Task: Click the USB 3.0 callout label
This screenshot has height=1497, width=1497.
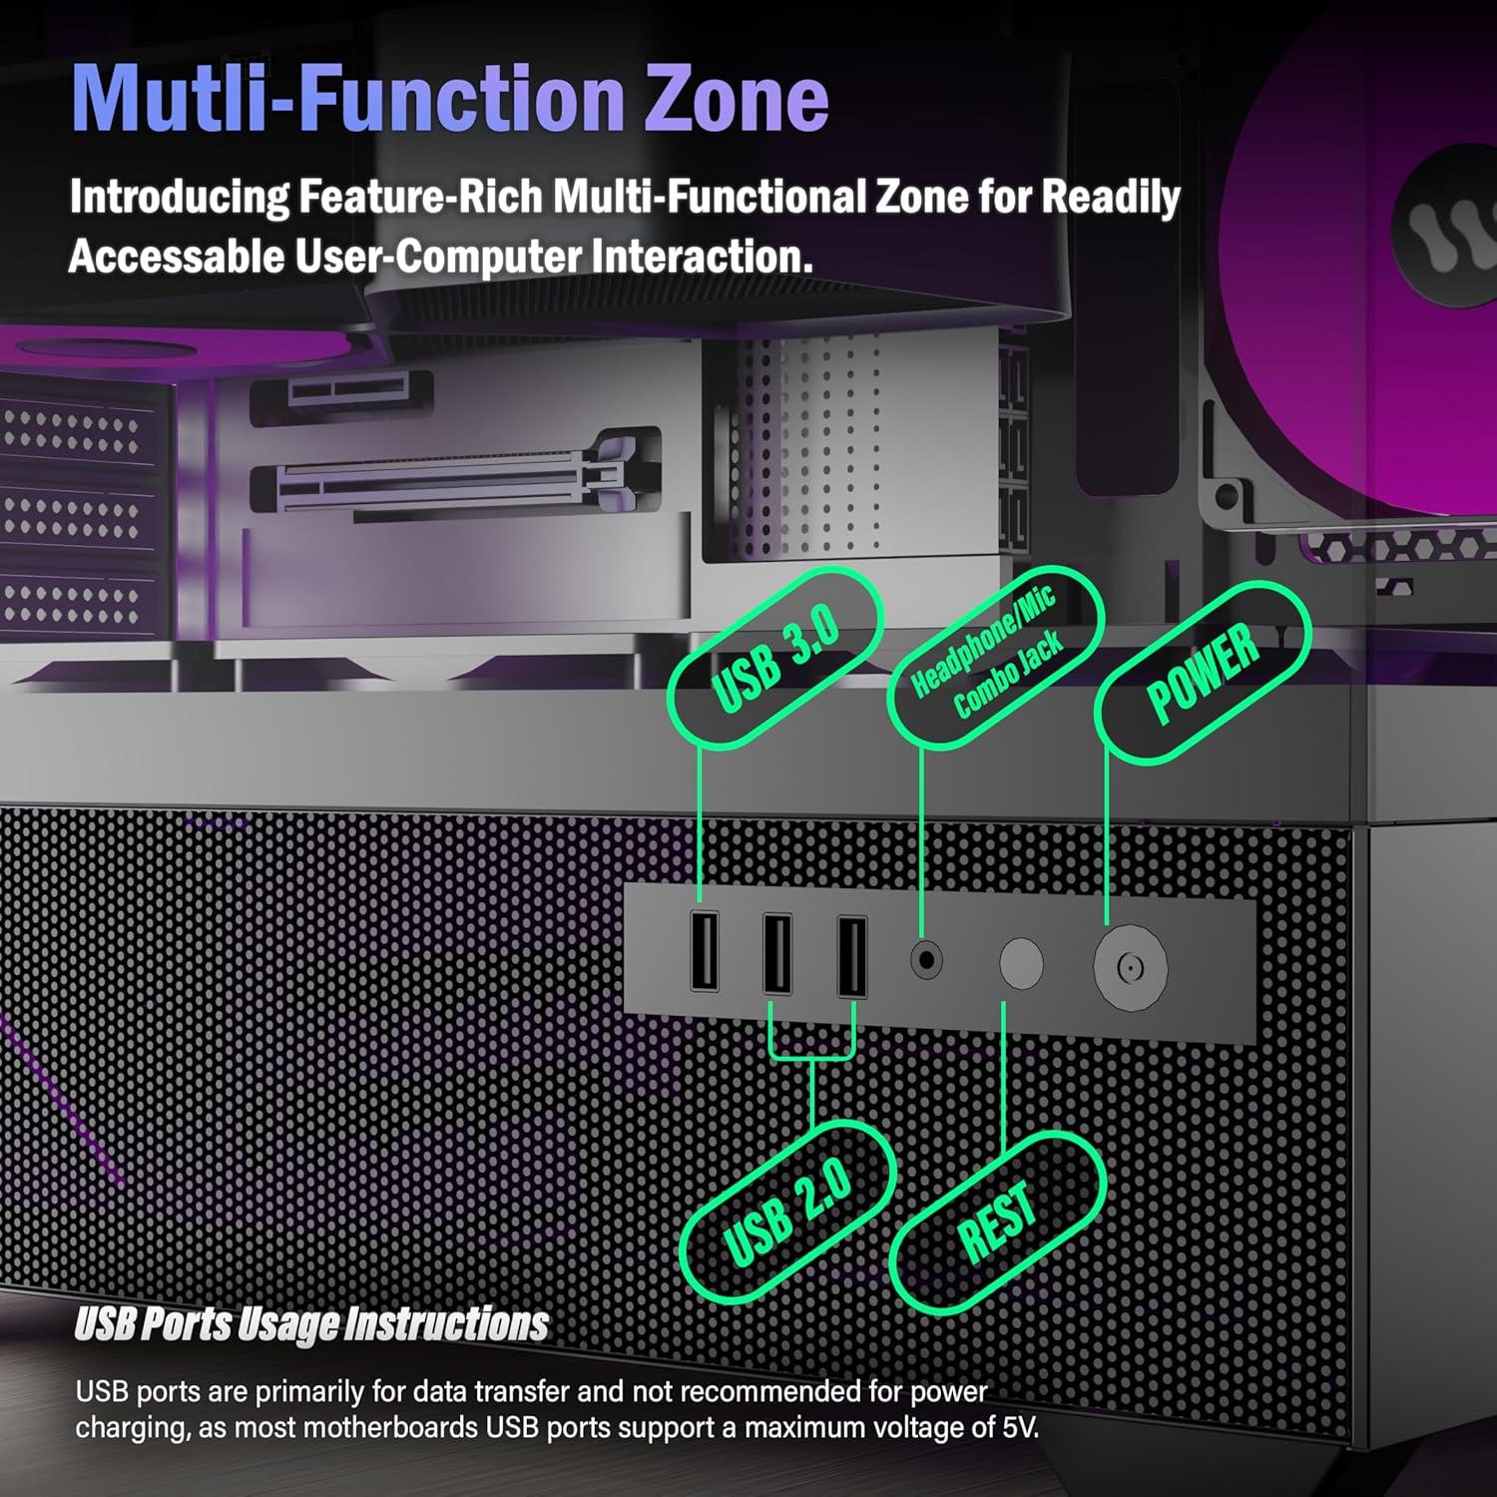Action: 775,658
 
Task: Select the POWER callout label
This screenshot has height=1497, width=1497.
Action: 1203,673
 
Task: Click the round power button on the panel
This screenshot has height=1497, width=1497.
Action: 1130,967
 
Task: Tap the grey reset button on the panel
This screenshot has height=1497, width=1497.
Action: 1021,964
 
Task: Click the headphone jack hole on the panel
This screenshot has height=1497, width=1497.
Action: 926,960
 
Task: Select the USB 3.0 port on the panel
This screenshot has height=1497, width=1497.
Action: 705,951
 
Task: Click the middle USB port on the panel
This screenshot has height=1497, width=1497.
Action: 777,954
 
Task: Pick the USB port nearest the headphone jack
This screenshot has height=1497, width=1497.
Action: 851,956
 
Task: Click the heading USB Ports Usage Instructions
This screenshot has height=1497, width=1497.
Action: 311,1324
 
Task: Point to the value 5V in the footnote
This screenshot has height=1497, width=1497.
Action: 1018,1427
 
